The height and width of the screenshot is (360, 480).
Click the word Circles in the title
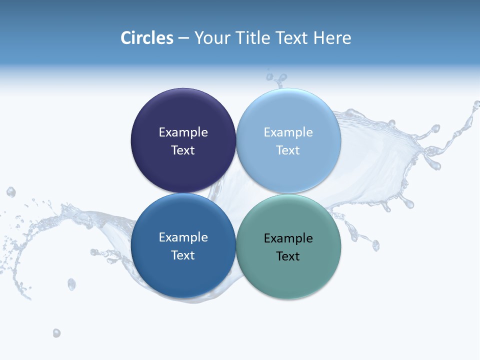click(146, 38)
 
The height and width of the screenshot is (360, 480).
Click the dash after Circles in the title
click(183, 38)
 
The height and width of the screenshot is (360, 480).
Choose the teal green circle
click(288, 275)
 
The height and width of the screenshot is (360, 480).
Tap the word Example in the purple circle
click(183, 132)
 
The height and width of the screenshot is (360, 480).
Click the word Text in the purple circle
click(183, 150)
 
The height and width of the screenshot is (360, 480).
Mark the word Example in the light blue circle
click(288, 132)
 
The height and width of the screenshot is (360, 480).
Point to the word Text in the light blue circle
click(288, 150)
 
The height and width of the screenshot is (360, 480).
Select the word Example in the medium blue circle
click(183, 237)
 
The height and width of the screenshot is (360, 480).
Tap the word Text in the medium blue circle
click(183, 255)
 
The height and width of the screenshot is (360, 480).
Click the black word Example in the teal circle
click(288, 238)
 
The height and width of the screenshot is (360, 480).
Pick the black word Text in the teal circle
click(288, 256)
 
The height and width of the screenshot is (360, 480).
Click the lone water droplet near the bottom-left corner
click(56, 333)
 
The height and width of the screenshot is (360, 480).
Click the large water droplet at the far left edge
click(10, 192)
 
